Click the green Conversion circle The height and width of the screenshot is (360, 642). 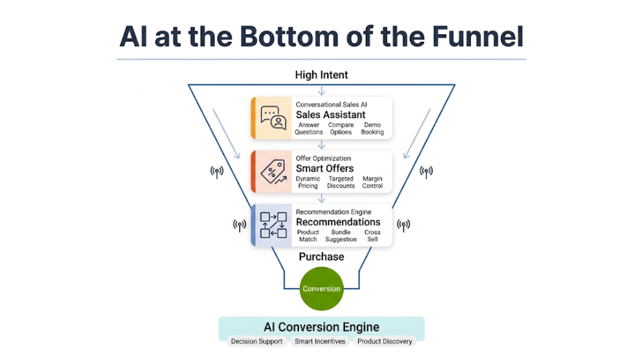pos(321,289)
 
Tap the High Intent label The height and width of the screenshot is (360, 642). pos(321,75)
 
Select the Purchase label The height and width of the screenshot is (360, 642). pos(321,257)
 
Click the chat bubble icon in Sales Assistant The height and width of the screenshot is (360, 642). pos(273,117)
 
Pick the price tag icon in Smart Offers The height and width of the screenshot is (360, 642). pos(273,171)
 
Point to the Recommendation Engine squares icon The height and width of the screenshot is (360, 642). pos(273,225)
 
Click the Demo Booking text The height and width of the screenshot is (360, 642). pos(372,128)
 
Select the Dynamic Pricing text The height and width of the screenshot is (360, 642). pos(308,182)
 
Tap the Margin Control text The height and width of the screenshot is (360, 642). pos(372,182)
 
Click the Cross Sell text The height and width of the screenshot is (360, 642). pos(372,236)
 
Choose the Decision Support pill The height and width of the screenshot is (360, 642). pos(256,341)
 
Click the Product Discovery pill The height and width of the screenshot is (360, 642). pos(384,341)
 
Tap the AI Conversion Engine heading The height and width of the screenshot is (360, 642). pos(321,327)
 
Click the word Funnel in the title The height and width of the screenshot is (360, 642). pos(474,36)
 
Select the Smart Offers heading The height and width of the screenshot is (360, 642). pos(324,168)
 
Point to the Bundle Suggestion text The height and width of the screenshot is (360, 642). pos(341,236)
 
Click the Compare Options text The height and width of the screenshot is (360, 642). pos(341,128)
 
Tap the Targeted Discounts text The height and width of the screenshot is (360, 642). pos(341,182)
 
